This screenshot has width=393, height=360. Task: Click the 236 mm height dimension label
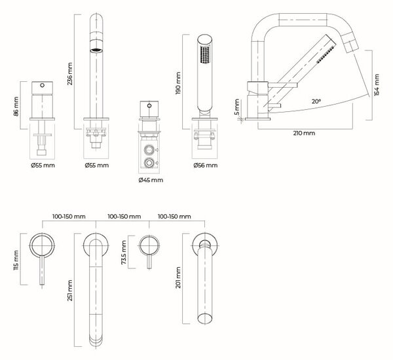click(70, 74)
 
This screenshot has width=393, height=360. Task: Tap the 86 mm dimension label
click(16, 106)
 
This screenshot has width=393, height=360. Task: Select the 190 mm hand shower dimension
click(178, 83)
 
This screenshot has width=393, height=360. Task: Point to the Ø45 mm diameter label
click(151, 180)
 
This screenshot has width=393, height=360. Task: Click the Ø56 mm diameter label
click(205, 166)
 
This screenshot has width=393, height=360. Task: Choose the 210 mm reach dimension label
click(304, 133)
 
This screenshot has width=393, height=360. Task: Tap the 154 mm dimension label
click(377, 84)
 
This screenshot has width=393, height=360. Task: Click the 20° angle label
click(316, 101)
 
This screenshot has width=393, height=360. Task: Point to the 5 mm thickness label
click(237, 107)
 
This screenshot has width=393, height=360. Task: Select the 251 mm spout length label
click(70, 291)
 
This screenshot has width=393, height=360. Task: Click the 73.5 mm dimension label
click(124, 252)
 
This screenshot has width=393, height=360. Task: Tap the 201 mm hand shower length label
click(178, 278)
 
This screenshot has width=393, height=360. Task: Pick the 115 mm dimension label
click(16, 261)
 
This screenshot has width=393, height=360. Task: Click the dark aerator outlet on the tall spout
click(96, 50)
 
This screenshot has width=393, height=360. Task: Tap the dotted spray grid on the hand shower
click(205, 54)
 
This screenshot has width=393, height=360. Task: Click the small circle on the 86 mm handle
click(43, 85)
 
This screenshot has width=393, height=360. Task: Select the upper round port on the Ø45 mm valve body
click(149, 149)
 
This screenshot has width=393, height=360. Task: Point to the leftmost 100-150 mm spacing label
click(69, 217)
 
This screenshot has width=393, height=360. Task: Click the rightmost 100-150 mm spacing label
click(174, 217)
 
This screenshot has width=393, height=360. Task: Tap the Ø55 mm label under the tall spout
click(97, 166)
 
